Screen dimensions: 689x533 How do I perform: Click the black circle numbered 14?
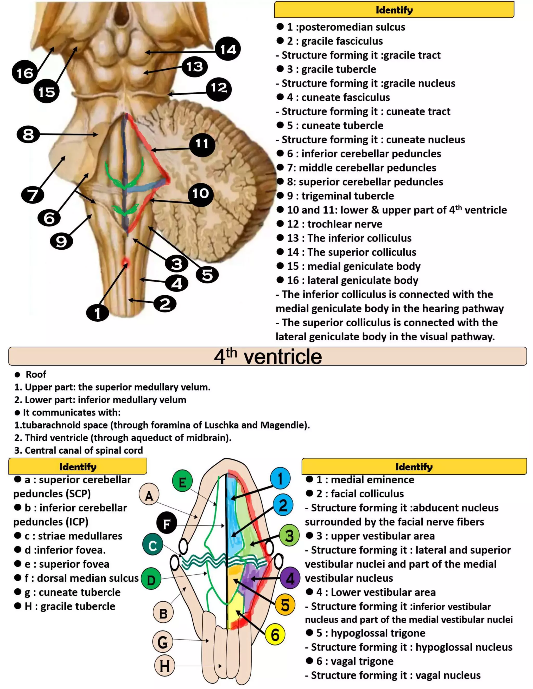pos(228,49)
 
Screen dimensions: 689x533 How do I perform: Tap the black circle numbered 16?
pos(25,73)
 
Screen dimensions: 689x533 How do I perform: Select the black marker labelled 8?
pos(28,135)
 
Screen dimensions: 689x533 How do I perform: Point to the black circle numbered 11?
pos(202,144)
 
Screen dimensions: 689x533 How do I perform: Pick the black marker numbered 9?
pos(61,241)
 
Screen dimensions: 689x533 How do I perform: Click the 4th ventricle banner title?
pos(268,356)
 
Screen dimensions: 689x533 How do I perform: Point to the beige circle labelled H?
pos(164,666)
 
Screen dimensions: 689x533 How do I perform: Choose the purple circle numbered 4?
pos(290,578)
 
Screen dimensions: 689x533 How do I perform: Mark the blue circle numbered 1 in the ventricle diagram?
pos(280,478)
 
